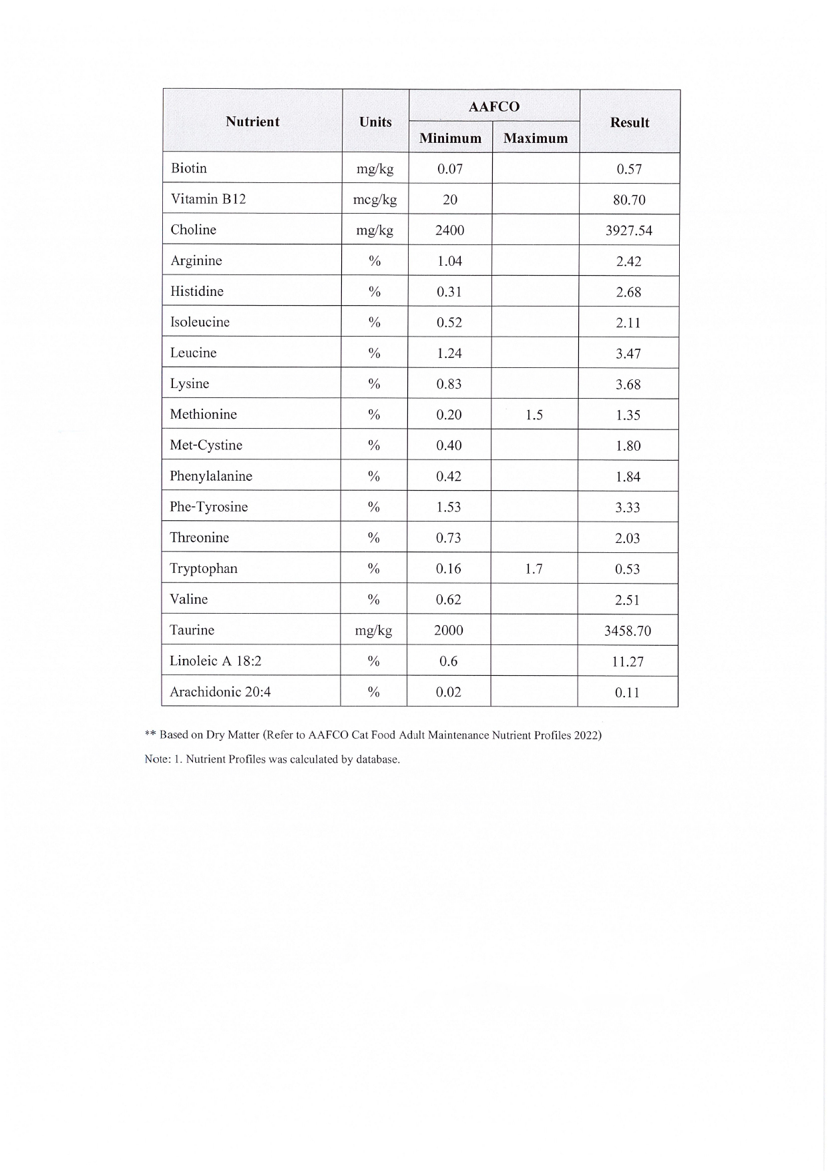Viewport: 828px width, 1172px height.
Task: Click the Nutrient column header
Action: click(252, 122)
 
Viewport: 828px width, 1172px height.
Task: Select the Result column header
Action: click(629, 122)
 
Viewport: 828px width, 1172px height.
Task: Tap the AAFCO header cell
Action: click(493, 107)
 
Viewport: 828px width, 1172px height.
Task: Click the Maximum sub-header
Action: click(536, 138)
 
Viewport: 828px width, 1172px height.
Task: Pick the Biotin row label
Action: click(189, 168)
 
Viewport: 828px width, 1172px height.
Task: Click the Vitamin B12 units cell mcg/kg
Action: click(375, 200)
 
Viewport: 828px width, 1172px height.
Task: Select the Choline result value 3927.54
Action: click(628, 230)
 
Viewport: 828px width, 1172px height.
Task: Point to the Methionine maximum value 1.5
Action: click(534, 415)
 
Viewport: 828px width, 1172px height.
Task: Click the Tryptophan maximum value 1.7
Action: click(534, 569)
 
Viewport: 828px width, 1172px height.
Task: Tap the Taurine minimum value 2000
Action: click(449, 630)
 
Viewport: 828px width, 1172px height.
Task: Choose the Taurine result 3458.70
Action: click(627, 631)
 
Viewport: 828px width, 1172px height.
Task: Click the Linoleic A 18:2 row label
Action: click(216, 661)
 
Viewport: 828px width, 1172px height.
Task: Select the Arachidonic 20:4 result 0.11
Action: click(627, 693)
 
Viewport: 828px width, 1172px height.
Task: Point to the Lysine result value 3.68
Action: click(628, 384)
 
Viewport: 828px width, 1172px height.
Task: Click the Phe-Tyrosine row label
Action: click(208, 507)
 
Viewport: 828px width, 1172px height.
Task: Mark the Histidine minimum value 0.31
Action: click(449, 292)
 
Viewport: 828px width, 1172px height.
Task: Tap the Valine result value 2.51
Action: click(627, 600)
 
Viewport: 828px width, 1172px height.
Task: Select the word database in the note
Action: click(377, 760)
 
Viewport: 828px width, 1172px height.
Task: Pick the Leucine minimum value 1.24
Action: click(449, 353)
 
